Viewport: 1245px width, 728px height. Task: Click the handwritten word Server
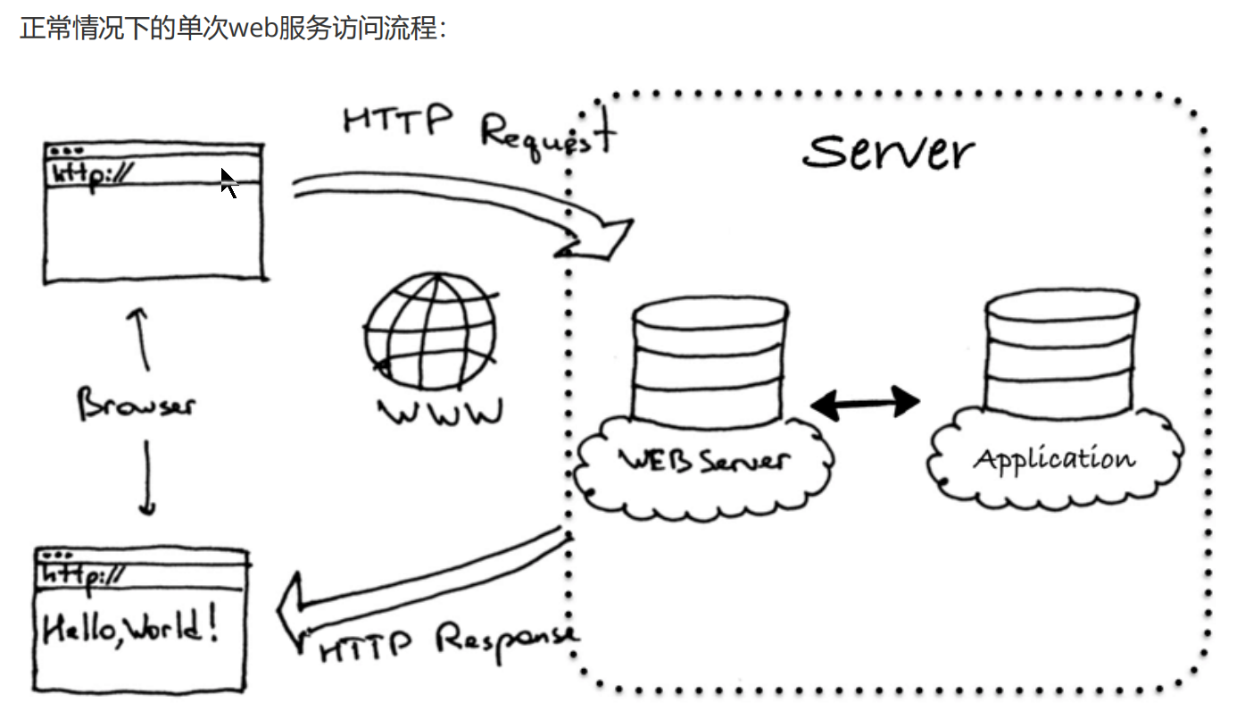[888, 152]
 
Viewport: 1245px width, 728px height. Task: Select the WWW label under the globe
[440, 413]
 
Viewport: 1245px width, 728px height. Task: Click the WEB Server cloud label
[704, 461]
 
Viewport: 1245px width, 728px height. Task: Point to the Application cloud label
[1054, 459]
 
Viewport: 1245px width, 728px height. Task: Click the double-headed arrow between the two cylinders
[864, 403]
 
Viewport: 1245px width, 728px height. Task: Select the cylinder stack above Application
[1060, 353]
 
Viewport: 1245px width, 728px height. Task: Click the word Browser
[136, 404]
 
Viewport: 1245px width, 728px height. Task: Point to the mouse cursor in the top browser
[228, 182]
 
